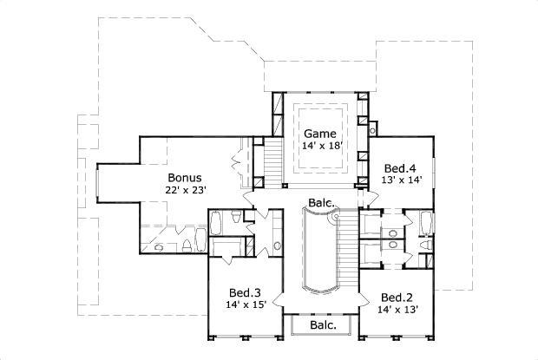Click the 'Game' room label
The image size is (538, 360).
click(x=318, y=134)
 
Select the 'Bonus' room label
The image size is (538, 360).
click(x=185, y=177)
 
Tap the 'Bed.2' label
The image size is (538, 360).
click(x=396, y=295)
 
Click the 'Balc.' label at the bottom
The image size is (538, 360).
click(x=323, y=325)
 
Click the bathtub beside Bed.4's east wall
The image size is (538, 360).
click(x=425, y=223)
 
